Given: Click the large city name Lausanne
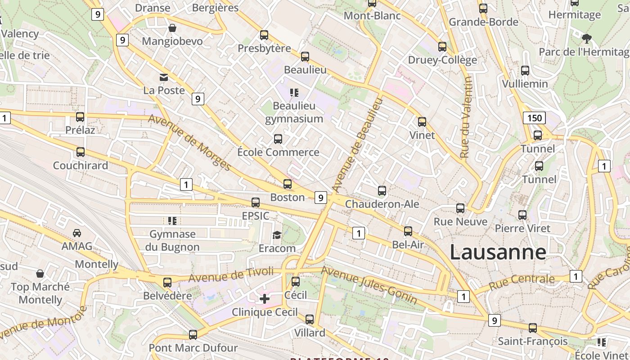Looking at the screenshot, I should [498, 252].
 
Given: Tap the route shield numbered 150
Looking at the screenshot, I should [534, 118].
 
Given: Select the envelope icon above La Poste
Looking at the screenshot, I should [164, 77].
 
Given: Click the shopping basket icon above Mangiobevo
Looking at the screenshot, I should [172, 28].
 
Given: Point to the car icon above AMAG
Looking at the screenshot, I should [77, 233].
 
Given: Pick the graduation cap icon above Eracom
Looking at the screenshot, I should [277, 235].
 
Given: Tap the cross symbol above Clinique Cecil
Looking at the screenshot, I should [265, 298].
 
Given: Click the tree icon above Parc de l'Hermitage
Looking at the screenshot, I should [586, 38].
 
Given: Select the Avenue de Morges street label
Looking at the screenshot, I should [189, 143].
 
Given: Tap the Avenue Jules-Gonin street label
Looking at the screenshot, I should [369, 284].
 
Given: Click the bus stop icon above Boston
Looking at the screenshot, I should [288, 184].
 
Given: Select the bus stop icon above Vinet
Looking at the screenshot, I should [422, 122].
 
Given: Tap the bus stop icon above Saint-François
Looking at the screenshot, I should [533, 328].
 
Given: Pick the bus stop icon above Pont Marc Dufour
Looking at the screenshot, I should [193, 335].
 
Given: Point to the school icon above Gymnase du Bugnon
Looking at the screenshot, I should [172, 221].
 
